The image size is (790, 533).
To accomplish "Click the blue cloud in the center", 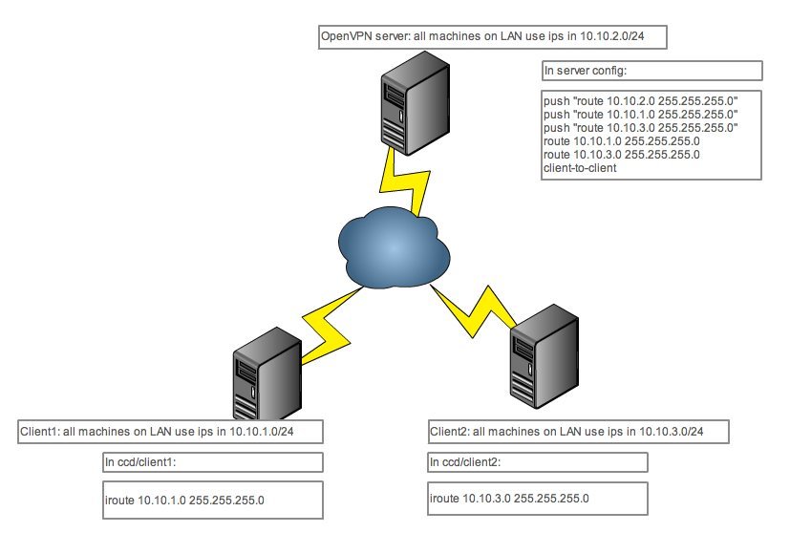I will click(x=391, y=246).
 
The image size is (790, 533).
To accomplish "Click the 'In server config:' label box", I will click(x=651, y=72).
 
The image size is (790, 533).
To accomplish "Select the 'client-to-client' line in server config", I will click(x=579, y=167).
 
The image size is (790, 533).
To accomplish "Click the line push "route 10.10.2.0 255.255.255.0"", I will click(x=641, y=99).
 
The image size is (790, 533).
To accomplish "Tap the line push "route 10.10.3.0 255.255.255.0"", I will click(x=641, y=127).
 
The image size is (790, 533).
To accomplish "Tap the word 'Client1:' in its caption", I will click(x=40, y=432).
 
